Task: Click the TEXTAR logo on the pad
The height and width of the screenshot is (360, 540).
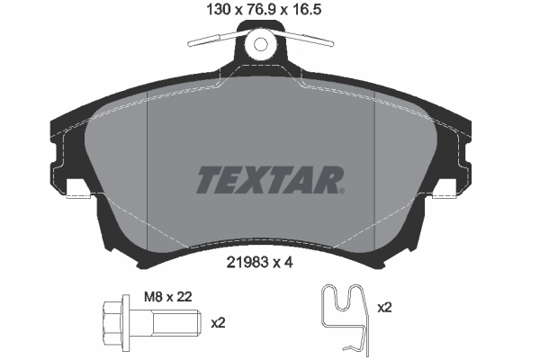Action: [268, 180]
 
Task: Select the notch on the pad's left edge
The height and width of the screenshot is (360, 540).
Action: [79, 190]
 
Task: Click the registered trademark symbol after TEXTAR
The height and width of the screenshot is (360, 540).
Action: [341, 190]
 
